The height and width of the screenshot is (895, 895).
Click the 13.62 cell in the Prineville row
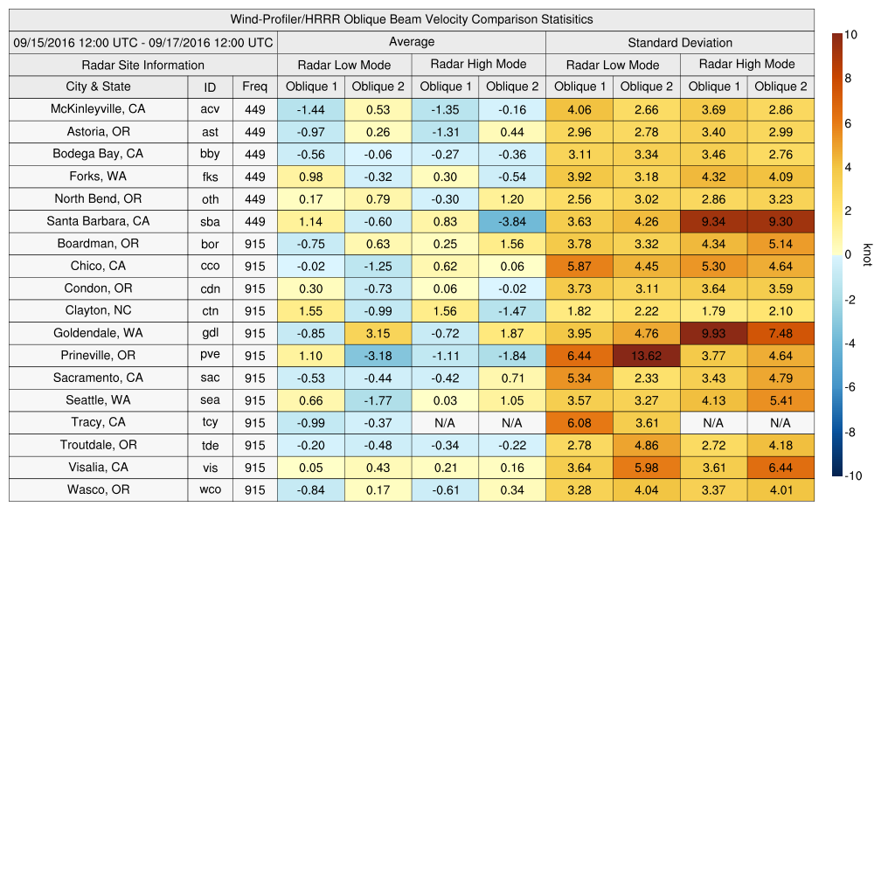pos(646,356)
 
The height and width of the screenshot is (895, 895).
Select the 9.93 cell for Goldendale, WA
pos(713,333)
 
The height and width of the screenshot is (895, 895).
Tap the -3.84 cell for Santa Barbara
pos(512,221)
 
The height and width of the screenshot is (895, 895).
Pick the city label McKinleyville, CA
pos(98,109)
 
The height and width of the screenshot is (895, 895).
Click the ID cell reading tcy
pos(210,423)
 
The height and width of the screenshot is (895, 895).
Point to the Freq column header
pos(254,87)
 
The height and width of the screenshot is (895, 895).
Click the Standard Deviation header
pos(680,43)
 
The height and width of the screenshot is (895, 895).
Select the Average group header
pos(411,42)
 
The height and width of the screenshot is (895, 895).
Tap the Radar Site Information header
pos(142,65)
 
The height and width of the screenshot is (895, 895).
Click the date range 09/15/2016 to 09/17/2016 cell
pos(142,42)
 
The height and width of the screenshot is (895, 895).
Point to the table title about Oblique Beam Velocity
pos(411,19)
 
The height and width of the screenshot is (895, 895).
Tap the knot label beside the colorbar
pos(868,254)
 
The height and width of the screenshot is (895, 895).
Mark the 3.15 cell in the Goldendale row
pos(378,333)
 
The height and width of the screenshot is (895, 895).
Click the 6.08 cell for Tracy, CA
pos(579,423)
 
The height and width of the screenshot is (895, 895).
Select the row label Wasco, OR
pos(98,489)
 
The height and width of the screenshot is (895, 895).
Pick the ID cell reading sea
pos(210,400)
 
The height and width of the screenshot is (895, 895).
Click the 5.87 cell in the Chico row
pos(579,266)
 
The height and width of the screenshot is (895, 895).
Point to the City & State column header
pos(98,87)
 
